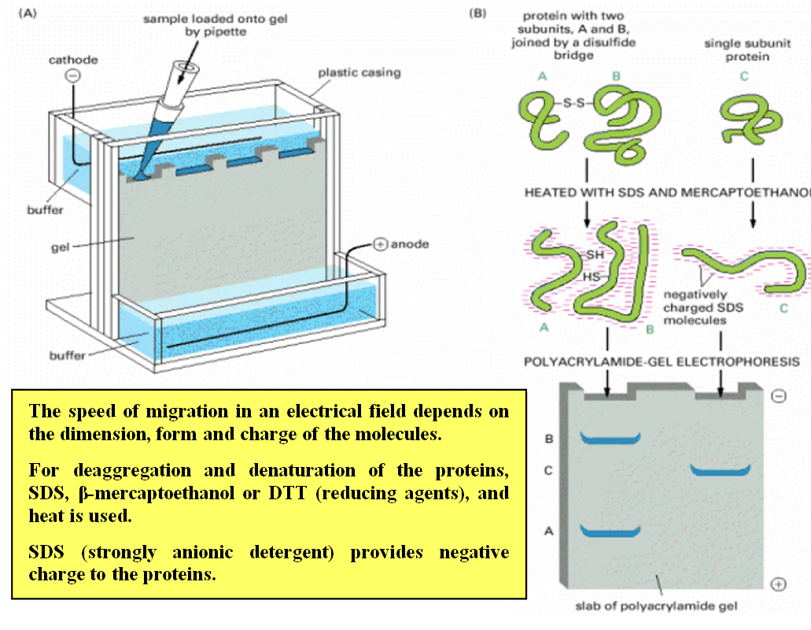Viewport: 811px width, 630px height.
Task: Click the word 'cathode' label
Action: pos(72,61)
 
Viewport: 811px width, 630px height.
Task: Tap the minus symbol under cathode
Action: pos(72,77)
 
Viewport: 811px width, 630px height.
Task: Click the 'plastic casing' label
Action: pos(359,72)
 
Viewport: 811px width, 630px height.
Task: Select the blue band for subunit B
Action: pos(606,438)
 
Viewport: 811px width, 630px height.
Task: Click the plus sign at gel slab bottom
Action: pos(779,584)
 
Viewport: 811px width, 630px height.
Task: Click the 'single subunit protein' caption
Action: pos(736,50)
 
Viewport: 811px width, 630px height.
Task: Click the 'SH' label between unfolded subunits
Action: pos(595,254)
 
